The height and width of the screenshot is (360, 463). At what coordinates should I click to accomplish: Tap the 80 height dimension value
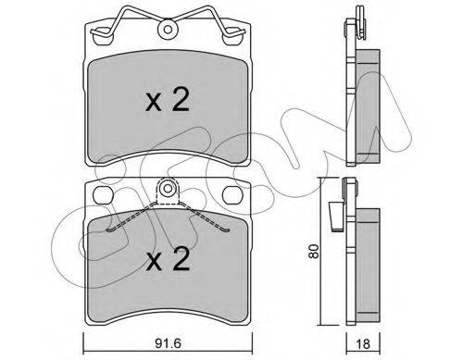coord(314,251)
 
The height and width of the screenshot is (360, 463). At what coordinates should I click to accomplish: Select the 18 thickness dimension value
coord(363,344)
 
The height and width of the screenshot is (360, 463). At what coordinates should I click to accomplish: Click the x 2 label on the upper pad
coord(167,99)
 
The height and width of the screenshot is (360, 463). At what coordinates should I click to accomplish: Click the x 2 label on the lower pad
coord(168,259)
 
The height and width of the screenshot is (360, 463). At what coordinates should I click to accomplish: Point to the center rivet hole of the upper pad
coord(168,30)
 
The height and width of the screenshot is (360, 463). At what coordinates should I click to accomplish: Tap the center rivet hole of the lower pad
coord(168,188)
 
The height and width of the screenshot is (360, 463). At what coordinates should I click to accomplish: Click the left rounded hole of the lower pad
coord(103,195)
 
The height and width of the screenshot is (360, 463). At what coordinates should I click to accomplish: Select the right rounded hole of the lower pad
coord(232,195)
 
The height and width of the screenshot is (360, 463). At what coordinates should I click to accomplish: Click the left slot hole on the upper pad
coord(103,36)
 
